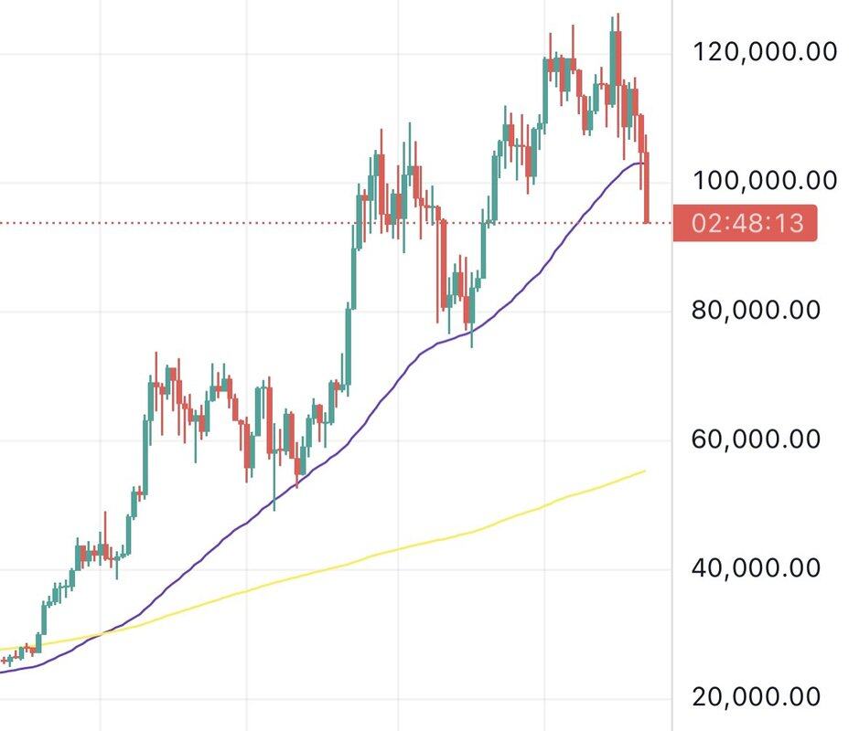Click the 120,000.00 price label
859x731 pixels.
766,51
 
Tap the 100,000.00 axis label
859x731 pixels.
766,180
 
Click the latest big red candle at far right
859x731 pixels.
648,187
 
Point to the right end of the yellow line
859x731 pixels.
645,471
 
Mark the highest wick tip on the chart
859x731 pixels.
618,14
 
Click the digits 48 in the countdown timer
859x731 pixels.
747,223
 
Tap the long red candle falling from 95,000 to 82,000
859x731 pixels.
444,265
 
